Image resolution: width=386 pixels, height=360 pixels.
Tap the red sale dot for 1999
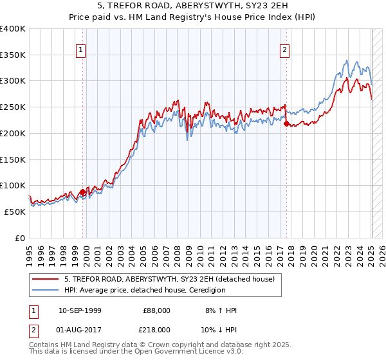click(x=82, y=192)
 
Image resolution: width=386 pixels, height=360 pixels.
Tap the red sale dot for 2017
click(x=286, y=124)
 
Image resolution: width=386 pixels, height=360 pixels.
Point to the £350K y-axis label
click(x=13, y=55)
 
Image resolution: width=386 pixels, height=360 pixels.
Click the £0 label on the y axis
click(x=19, y=238)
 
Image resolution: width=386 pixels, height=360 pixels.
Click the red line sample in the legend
click(x=45, y=279)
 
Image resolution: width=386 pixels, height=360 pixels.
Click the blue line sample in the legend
click(x=45, y=290)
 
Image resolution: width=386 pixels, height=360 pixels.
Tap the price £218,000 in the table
click(x=157, y=329)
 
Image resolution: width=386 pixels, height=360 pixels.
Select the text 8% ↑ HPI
click(x=221, y=310)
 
